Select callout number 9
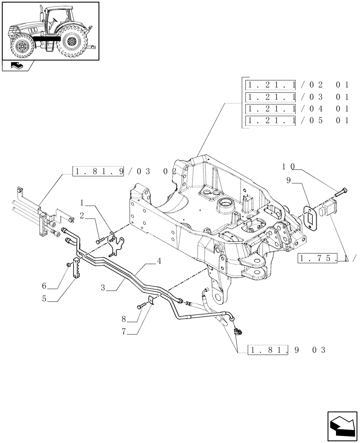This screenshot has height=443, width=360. pos(288,181)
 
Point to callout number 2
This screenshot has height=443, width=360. pos(82,215)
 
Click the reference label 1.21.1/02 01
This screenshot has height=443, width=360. pos(298,85)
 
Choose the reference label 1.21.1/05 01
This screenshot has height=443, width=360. pos(298,120)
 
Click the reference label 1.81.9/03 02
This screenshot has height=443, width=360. pos(124,171)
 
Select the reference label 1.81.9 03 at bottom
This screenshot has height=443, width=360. pos(282,350)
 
